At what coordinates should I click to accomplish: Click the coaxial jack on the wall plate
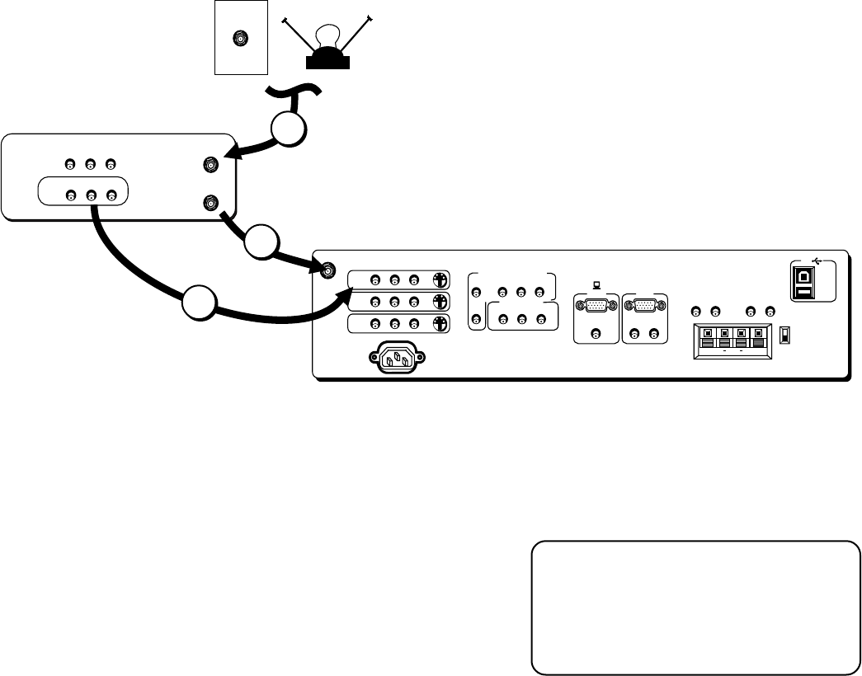(x=240, y=39)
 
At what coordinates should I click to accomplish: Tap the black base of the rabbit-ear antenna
(x=327, y=59)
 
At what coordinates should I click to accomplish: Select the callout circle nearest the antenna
(x=290, y=129)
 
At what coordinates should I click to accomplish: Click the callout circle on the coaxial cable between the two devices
(x=261, y=243)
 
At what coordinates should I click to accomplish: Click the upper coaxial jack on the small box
(x=212, y=166)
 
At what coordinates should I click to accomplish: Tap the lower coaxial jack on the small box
(x=212, y=201)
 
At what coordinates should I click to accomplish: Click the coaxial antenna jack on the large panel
(x=328, y=270)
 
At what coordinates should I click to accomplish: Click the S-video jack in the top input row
(x=440, y=279)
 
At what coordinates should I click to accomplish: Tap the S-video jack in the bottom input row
(x=440, y=323)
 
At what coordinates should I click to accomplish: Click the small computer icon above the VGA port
(x=596, y=287)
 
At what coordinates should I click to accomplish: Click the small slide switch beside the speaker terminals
(x=785, y=336)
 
